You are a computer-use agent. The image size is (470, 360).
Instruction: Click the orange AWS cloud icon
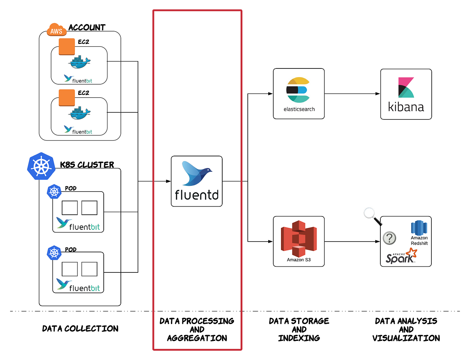point(56,30)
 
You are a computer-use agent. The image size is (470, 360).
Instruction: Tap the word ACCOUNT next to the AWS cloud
point(87,28)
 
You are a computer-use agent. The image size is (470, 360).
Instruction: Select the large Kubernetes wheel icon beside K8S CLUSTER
point(41,166)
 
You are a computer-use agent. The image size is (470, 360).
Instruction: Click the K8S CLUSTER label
point(87,165)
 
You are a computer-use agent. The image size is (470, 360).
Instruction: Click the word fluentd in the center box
point(197,195)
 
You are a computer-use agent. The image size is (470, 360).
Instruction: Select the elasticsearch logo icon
point(298,90)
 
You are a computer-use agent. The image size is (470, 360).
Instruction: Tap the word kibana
point(406,107)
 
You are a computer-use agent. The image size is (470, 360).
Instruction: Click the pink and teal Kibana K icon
point(406,88)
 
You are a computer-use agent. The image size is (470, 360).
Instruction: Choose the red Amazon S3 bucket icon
point(299,239)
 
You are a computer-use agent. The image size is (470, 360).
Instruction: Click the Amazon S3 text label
point(299,260)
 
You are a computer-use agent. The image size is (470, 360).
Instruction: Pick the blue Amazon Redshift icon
point(419,228)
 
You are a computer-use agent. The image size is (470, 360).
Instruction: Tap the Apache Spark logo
point(401,256)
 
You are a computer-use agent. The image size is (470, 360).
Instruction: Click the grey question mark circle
point(389,238)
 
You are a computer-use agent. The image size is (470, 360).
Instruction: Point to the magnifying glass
point(373,216)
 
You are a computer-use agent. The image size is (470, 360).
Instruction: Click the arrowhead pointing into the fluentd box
point(169,181)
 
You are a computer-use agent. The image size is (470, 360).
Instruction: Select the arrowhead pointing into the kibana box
point(378,94)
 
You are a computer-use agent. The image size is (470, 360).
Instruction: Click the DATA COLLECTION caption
point(80,329)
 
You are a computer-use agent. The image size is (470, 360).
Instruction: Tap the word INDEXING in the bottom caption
point(299,338)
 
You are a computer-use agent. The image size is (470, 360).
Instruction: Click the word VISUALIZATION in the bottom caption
point(406,338)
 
